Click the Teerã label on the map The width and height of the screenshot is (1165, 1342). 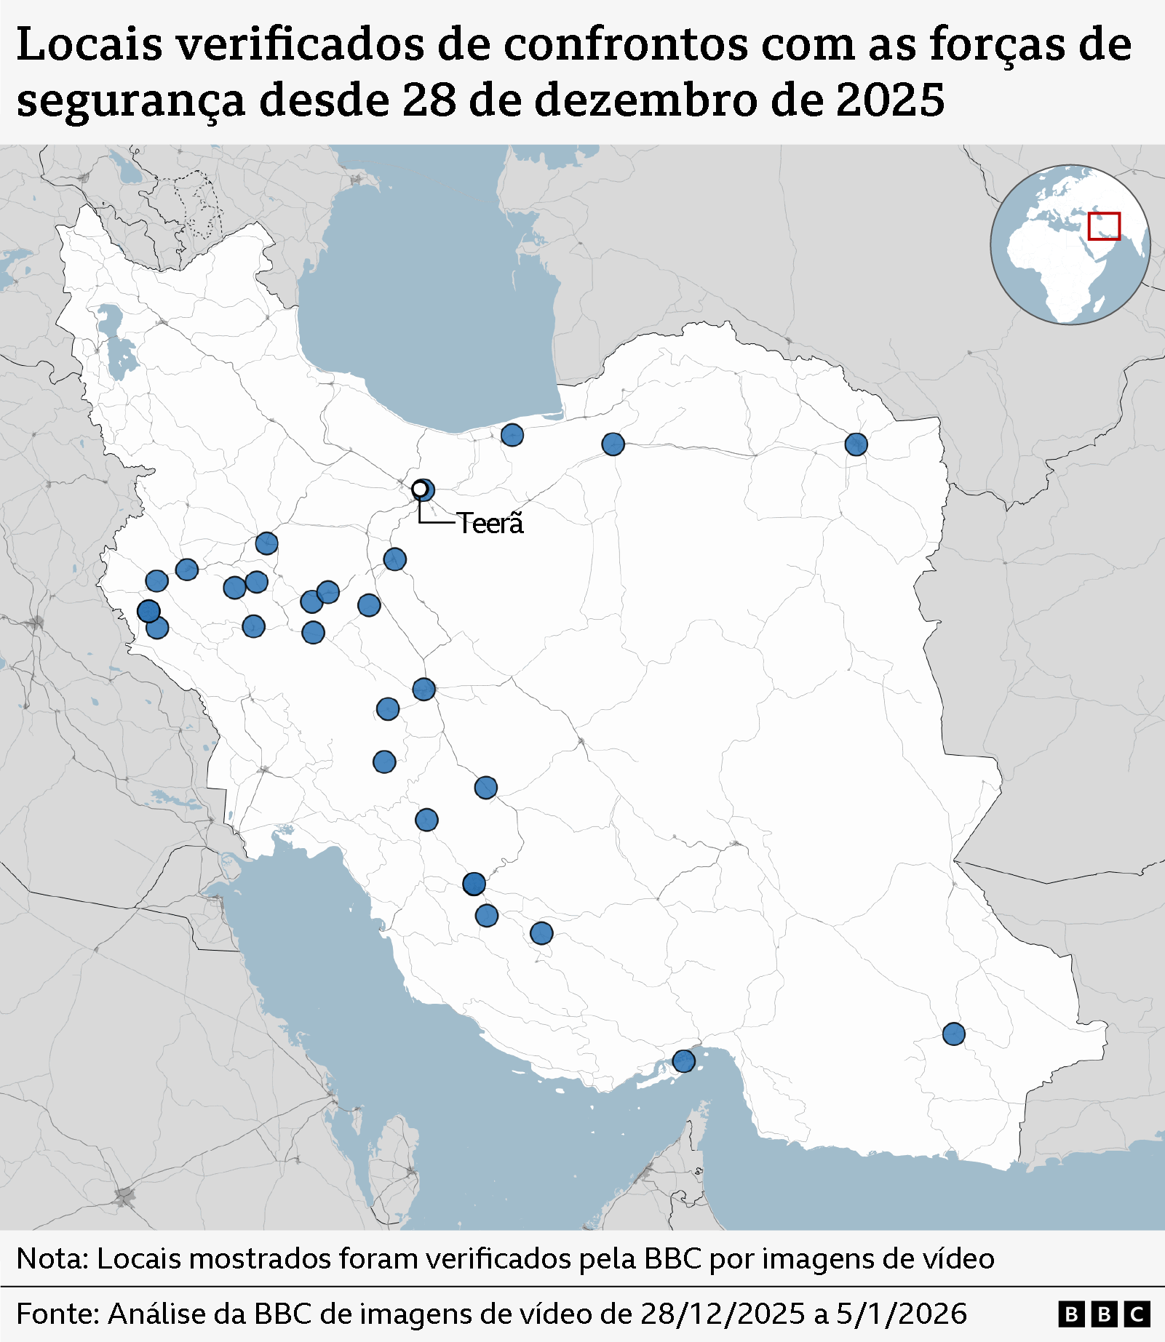point(490,523)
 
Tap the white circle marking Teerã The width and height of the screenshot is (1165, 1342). point(420,489)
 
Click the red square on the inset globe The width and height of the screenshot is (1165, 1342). point(1104,225)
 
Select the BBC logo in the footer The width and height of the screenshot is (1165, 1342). point(1104,1314)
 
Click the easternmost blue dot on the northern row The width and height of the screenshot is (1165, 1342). point(856,444)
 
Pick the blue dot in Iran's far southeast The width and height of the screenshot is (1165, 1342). point(953,1034)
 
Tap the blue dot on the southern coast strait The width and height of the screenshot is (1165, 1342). point(683,1061)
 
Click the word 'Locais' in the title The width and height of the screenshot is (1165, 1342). point(89,45)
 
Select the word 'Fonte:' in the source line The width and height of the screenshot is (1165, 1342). point(57,1314)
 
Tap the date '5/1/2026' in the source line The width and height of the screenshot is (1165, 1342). point(901,1314)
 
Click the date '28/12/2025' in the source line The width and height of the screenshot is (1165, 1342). point(722,1314)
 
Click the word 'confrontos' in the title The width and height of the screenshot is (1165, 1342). point(626,45)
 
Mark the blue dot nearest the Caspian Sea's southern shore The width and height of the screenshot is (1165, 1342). point(512,435)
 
